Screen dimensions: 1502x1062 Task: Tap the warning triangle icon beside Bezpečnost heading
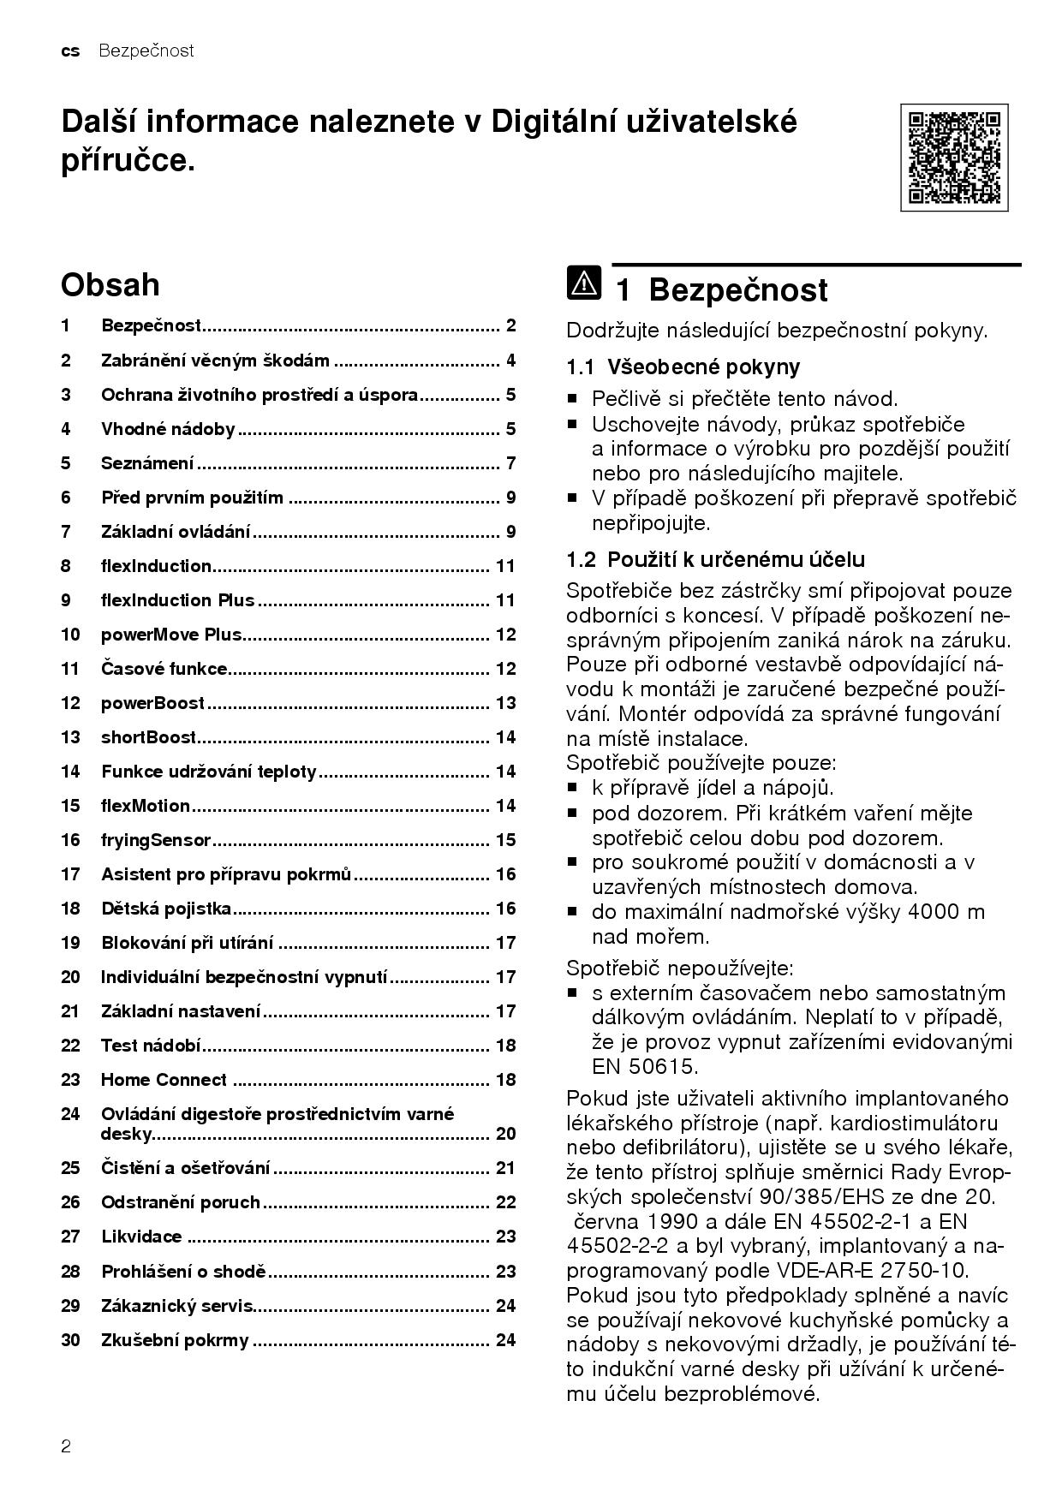[583, 283]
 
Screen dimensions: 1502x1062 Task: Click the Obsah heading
[110, 284]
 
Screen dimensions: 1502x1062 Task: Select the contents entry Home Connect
[164, 1080]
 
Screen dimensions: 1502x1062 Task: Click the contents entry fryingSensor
[155, 840]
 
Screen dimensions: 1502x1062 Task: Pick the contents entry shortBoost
[148, 737]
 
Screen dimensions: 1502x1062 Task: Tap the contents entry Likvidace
[141, 1237]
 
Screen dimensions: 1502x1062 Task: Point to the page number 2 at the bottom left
[66, 1447]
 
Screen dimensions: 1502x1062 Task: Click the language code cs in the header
[70, 51]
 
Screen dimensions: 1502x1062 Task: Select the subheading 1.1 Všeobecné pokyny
[683, 367]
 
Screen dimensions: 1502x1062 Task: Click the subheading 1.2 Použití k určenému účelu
[716, 560]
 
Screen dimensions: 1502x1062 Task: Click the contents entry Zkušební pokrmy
[175, 1340]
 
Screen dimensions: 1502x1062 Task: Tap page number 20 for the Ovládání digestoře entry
[505, 1134]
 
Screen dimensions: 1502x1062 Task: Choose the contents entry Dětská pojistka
[166, 909]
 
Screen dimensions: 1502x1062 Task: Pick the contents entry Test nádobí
[151, 1046]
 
